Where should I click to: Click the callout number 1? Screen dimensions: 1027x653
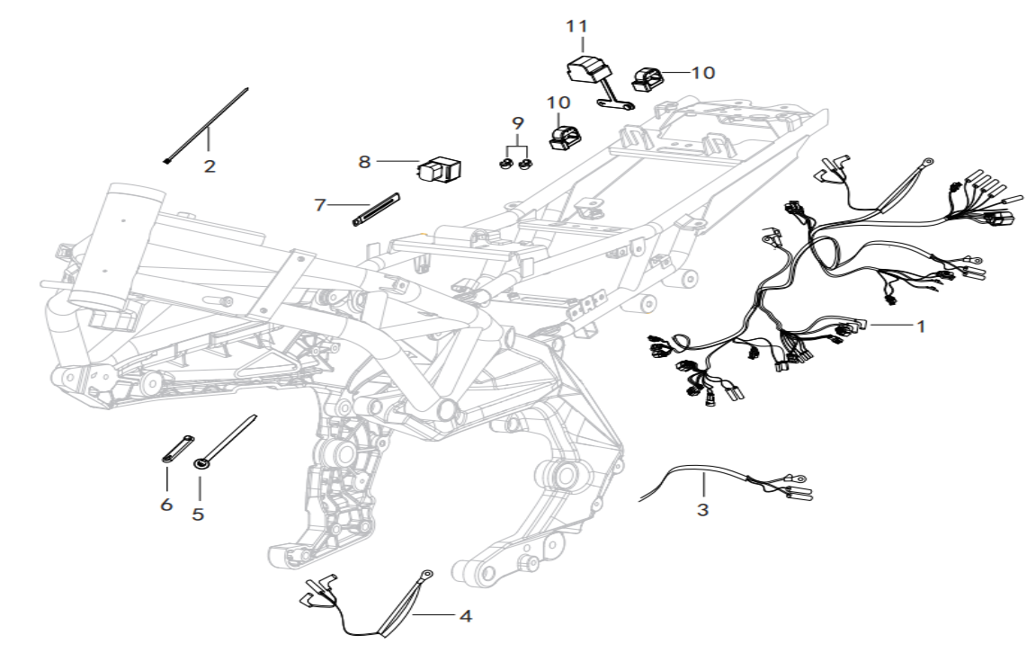(x=920, y=326)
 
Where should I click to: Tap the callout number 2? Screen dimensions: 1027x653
(x=209, y=165)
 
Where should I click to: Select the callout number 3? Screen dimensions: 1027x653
(x=702, y=510)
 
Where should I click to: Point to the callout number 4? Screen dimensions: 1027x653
(x=465, y=616)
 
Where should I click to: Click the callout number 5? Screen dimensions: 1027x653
(x=198, y=514)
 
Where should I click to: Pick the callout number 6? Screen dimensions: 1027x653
(x=166, y=505)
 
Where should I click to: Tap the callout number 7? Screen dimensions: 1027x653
(x=319, y=205)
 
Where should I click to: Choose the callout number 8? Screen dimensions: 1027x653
(x=365, y=162)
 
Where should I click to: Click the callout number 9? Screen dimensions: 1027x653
(x=517, y=122)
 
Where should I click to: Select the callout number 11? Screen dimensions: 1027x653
(x=577, y=26)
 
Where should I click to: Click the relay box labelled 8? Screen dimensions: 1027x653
(x=439, y=167)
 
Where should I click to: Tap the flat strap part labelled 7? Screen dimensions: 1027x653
(x=375, y=210)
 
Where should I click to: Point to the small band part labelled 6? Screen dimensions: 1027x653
(x=177, y=449)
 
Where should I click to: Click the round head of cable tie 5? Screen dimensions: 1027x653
(x=199, y=464)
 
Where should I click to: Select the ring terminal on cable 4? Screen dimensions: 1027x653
(x=427, y=575)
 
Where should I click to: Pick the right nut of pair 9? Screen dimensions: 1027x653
(x=524, y=165)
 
